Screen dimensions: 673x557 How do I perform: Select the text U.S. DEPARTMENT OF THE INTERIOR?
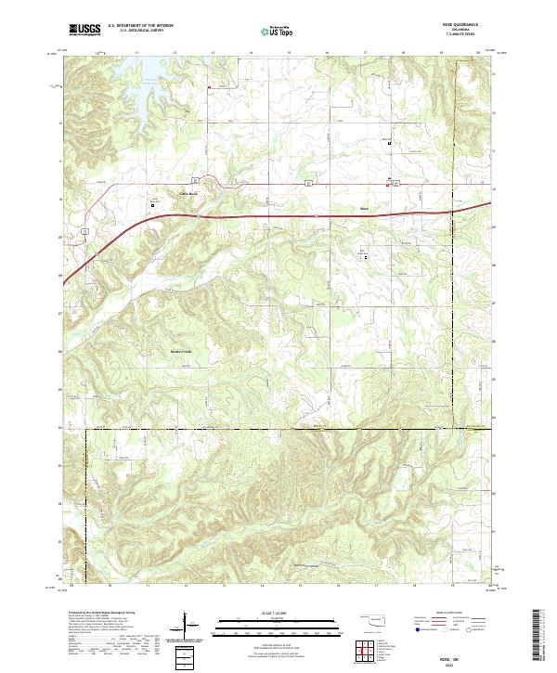pyautogui.click(x=140, y=25)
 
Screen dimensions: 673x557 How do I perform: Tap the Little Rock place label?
pyautogui.click(x=189, y=192)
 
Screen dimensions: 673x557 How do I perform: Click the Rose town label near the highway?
pyautogui.click(x=365, y=209)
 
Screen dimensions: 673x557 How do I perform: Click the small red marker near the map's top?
pyautogui.click(x=210, y=88)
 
